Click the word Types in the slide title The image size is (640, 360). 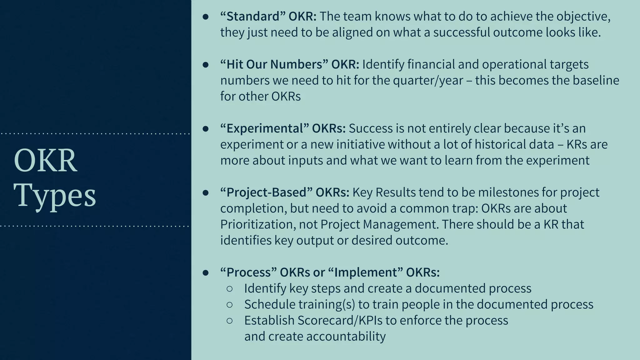(x=55, y=195)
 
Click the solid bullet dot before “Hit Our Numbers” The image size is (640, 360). (x=205, y=65)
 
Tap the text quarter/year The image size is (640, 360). (x=428, y=80)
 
